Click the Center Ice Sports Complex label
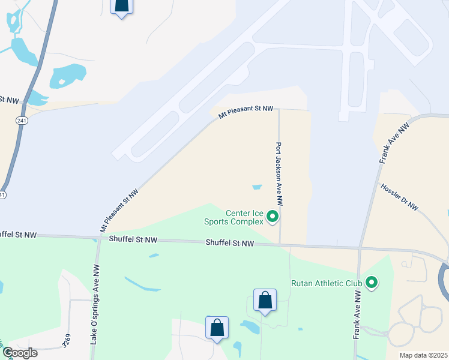pyautogui.click(x=244, y=217)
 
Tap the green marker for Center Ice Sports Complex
pyautogui.click(x=273, y=216)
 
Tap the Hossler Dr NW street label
pyautogui.click(x=399, y=196)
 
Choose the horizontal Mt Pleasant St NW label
pyautogui.click(x=246, y=109)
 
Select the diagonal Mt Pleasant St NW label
pyautogui.click(x=119, y=211)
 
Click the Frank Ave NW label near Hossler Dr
pyautogui.click(x=387, y=148)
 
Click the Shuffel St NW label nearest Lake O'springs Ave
pyautogui.click(x=133, y=239)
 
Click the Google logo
pyautogui.click(x=19, y=353)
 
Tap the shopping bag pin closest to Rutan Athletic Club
pyautogui.click(x=265, y=300)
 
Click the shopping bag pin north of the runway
pyautogui.click(x=122, y=5)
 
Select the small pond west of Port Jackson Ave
pyautogui.click(x=257, y=187)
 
